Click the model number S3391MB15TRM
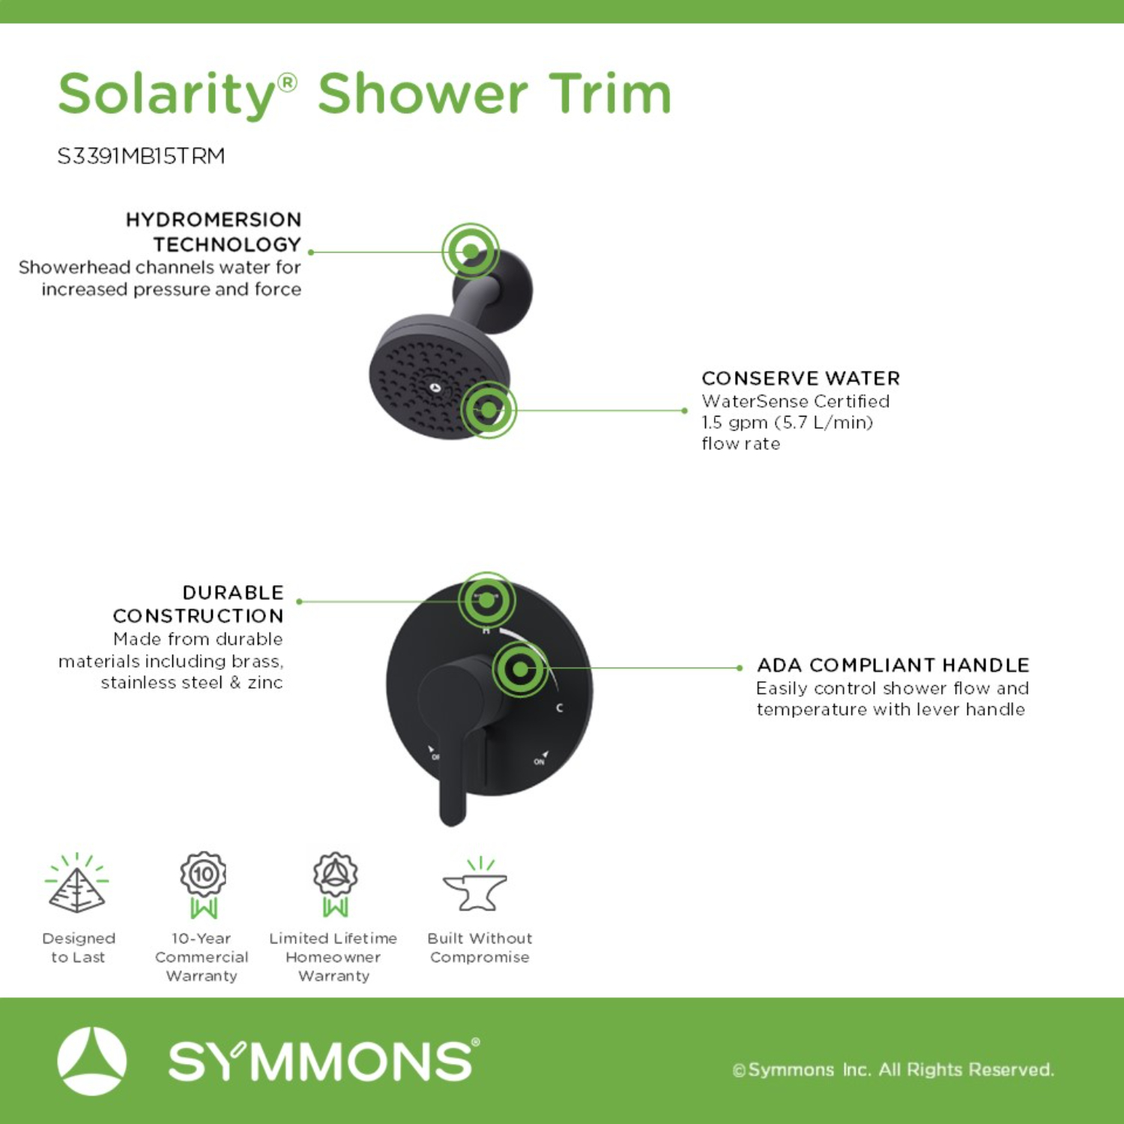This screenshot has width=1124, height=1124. click(x=141, y=156)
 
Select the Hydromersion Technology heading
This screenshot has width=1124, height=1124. click(x=213, y=232)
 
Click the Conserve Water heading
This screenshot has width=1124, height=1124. click(x=800, y=378)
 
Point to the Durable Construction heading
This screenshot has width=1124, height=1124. click(x=198, y=604)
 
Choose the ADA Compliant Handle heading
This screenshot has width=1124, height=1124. click(x=892, y=665)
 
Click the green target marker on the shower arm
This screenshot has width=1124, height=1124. click(x=471, y=251)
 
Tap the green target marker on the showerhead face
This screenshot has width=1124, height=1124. click(x=488, y=410)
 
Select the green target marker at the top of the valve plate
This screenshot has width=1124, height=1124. click(x=486, y=600)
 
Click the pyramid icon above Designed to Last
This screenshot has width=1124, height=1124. click(x=76, y=883)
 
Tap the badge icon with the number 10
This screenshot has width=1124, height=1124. click(x=203, y=884)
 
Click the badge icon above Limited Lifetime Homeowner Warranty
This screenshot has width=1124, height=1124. click(x=335, y=884)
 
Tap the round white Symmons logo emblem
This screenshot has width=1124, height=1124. click(x=92, y=1061)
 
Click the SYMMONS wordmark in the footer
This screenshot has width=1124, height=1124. click(x=324, y=1060)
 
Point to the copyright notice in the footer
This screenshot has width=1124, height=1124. click(x=893, y=1069)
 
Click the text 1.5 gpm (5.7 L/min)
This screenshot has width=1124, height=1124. click(x=788, y=423)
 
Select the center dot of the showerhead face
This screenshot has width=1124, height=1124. click(x=435, y=387)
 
